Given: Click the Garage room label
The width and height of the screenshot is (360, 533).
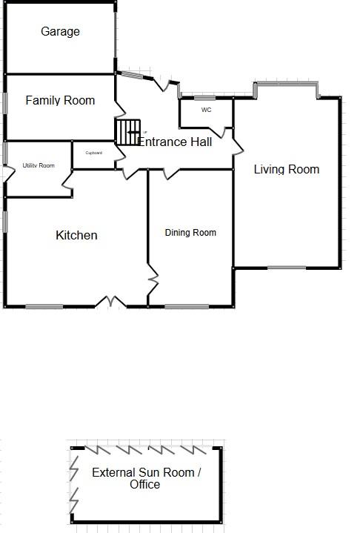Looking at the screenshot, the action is point(60,32).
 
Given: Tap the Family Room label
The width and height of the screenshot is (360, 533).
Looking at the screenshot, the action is point(60,100).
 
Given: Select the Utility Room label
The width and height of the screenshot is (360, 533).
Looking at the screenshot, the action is point(39,165).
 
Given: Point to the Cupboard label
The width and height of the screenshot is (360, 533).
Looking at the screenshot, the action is point(93,153).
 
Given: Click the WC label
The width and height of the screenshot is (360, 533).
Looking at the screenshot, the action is point(207,110).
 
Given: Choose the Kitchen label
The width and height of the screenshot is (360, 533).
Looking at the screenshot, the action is point(76,235).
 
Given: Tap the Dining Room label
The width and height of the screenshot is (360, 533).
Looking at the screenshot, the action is point(190,233).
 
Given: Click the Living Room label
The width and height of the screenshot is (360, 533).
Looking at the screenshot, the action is point(287,169).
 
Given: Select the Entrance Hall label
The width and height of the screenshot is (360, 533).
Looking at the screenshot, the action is point(176,142).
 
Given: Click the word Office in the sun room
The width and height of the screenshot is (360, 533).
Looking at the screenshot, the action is point(145,484).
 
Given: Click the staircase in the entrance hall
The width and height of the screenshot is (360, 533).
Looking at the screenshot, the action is point(128,132).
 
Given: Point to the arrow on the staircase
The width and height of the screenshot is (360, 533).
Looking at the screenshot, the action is point(133,132).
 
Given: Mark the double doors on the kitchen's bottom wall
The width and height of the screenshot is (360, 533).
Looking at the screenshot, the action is point(110,301).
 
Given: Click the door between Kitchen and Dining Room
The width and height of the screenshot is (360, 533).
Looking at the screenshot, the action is point(153,279).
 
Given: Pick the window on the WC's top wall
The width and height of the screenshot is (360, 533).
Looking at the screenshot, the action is point(204,99).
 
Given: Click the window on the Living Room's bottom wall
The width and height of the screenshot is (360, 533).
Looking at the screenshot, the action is point(287,268).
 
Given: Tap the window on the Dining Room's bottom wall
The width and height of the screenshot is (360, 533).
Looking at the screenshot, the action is point(187,307).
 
